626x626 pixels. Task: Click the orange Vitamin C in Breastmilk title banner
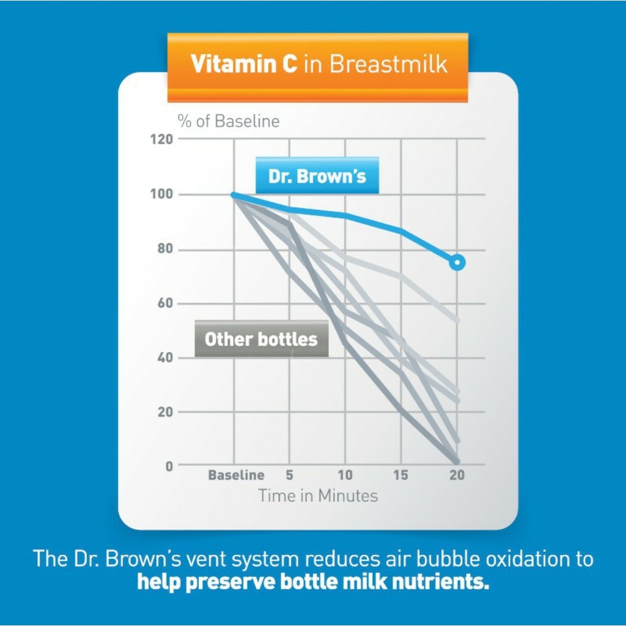(x=318, y=66)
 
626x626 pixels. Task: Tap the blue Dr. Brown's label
(x=317, y=176)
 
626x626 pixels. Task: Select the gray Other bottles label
(x=261, y=339)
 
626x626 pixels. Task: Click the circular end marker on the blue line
(x=457, y=263)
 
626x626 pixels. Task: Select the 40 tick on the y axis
(x=164, y=358)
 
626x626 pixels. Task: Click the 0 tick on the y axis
(x=168, y=466)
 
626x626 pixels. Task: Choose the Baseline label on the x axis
(x=236, y=475)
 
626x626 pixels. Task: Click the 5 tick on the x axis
(x=289, y=475)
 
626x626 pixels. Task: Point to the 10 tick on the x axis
(x=345, y=475)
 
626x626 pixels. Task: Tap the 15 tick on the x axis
(x=400, y=475)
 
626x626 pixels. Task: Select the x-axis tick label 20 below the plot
(x=457, y=475)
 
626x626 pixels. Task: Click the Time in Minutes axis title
(x=318, y=495)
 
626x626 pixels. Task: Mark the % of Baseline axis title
(x=229, y=121)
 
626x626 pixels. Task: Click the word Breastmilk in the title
(x=387, y=64)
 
